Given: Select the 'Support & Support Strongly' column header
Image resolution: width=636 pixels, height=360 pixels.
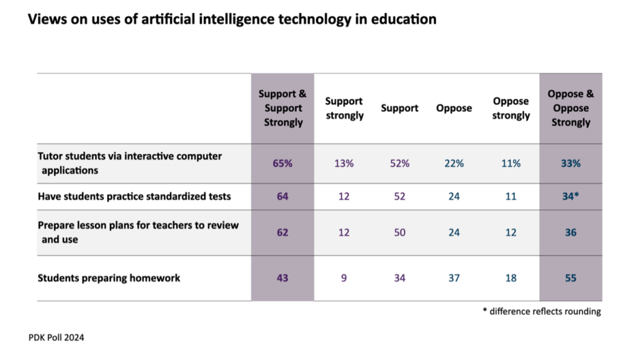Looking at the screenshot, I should click(x=283, y=108).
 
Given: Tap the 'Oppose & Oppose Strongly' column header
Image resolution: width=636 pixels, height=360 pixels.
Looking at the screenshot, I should click(x=570, y=108).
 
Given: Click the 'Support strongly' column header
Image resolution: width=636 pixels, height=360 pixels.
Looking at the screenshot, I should click(x=343, y=108).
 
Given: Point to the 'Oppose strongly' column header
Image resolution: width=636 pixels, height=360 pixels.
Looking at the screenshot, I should click(x=511, y=108).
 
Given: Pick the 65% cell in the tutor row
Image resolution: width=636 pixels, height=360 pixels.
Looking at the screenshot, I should click(x=283, y=163).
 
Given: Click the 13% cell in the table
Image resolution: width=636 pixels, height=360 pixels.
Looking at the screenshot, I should click(x=343, y=163).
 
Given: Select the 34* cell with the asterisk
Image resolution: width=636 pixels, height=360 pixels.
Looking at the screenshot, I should click(x=570, y=197).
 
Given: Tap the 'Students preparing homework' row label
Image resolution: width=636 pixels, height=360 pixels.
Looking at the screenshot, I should click(x=109, y=277).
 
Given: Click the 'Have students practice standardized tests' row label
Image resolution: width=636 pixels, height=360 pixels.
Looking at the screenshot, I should click(x=134, y=197).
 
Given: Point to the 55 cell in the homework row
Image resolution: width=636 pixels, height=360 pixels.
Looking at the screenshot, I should click(x=570, y=278).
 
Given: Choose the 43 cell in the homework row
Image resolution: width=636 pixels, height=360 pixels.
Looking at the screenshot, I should click(x=283, y=278).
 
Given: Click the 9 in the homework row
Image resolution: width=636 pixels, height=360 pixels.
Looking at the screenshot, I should click(x=343, y=278).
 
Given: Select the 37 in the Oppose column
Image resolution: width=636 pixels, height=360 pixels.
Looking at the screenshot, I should click(x=454, y=278).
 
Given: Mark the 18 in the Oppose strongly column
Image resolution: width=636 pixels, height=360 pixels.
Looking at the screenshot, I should click(x=511, y=278).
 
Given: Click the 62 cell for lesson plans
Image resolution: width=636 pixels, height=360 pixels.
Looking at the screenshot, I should click(x=283, y=233).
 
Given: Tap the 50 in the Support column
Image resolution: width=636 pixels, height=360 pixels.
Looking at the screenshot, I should click(x=399, y=233).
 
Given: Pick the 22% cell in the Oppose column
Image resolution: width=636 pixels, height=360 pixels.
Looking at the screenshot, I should click(x=454, y=163).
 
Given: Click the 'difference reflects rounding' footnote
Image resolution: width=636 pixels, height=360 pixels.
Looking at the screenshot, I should click(x=542, y=312).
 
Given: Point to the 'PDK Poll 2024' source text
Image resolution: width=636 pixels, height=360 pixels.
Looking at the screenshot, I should click(x=57, y=338).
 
